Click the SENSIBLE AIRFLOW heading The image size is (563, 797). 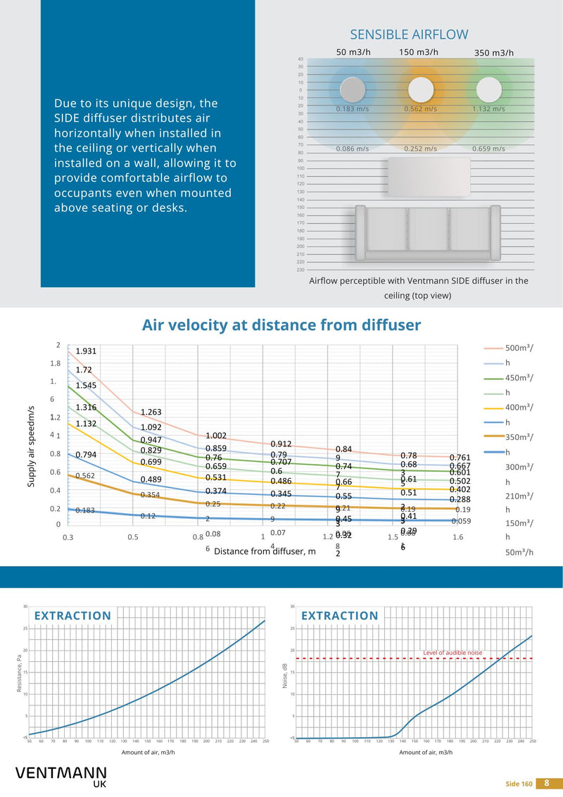click(x=409, y=34)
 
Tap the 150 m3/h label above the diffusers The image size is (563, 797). click(x=419, y=52)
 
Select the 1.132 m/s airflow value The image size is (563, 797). click(x=488, y=109)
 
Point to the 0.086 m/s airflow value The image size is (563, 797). click(x=353, y=149)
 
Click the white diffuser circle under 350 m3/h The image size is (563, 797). click(x=488, y=89)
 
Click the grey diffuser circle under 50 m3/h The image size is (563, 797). click(x=353, y=90)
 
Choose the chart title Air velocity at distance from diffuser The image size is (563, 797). click(x=281, y=325)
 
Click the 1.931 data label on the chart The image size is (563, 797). click(x=86, y=351)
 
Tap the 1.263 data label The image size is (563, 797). click(x=151, y=412)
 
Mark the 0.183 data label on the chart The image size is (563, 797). click(x=85, y=510)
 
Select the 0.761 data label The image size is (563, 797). click(x=460, y=458)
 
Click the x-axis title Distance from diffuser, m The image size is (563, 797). click(x=265, y=551)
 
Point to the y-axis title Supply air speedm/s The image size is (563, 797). click(x=32, y=446)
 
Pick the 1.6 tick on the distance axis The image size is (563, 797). click(x=458, y=538)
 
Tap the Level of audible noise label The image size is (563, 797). click(x=453, y=653)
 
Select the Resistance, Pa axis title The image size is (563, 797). click(x=20, y=672)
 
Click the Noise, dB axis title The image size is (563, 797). click(x=287, y=673)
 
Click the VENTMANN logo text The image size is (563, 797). click(x=61, y=773)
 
